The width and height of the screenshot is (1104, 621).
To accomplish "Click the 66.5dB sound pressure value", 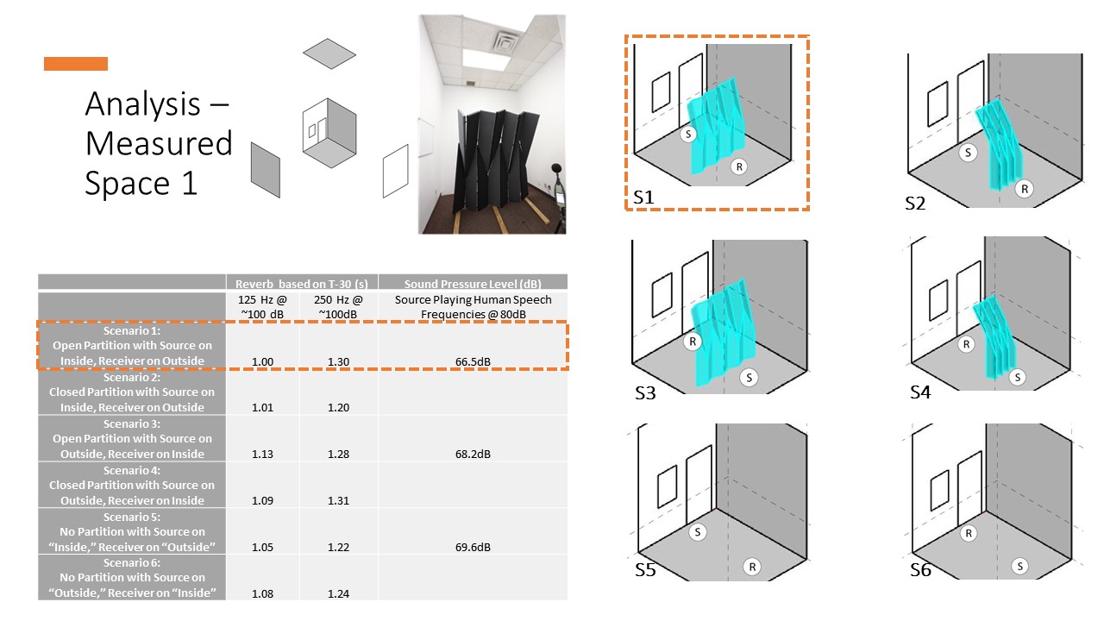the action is [473, 361].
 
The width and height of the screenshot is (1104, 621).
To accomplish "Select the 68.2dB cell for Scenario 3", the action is [473, 454].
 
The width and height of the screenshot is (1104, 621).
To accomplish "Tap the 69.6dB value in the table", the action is [473, 547].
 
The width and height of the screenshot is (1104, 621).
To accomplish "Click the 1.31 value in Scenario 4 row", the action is [338, 500].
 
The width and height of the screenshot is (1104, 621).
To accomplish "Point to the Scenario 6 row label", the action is [132, 577].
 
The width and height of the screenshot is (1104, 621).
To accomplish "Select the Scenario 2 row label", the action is [132, 392].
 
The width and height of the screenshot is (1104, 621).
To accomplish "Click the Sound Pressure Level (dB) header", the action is [473, 283].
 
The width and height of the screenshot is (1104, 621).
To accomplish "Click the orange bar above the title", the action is [76, 64].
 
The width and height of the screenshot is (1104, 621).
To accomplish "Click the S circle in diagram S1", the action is [688, 134].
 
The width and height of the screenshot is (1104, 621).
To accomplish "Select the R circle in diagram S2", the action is [1024, 189].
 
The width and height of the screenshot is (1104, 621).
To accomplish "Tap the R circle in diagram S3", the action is [691, 342].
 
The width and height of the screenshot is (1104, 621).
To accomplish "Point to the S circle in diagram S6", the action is [1020, 567].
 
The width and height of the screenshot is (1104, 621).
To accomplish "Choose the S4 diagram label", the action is [920, 392].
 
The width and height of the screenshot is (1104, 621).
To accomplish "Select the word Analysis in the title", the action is [142, 104].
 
